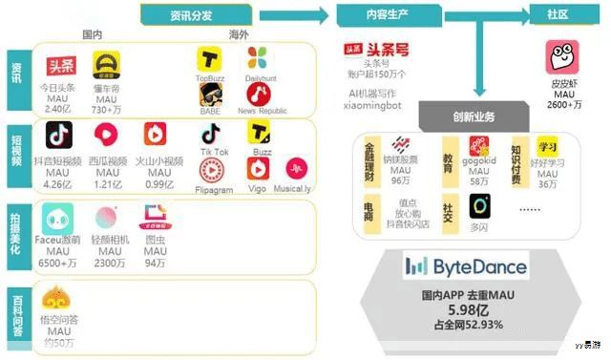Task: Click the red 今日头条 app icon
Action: [61, 67]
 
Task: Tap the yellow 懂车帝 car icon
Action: [105, 66]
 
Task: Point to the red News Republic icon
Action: [257, 93]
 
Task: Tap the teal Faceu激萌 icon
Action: [58, 218]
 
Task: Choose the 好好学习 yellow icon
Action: [547, 148]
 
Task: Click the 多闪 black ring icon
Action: [479, 205]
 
